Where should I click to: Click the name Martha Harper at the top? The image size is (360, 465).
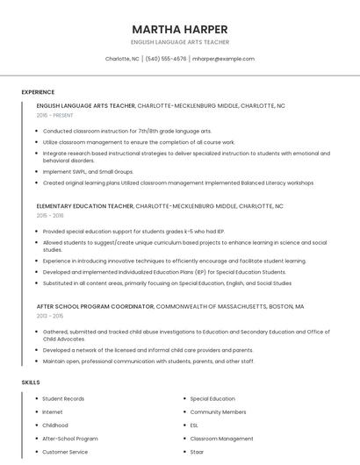(x=180, y=29)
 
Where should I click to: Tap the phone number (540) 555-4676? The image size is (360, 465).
(x=166, y=59)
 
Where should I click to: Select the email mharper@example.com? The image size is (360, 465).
(x=223, y=59)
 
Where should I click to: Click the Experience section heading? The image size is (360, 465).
(x=38, y=92)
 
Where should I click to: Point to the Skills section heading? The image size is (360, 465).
(x=30, y=383)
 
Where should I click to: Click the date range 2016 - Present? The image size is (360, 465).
(x=55, y=115)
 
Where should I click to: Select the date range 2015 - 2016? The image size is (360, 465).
(x=50, y=215)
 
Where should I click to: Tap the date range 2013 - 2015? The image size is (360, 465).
(x=50, y=316)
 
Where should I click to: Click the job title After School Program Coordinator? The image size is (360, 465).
(x=95, y=307)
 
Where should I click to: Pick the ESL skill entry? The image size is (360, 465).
(x=194, y=425)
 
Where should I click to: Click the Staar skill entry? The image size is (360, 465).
(x=198, y=452)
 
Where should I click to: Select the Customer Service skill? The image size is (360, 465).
(x=65, y=452)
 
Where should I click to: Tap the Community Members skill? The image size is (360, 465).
(x=218, y=411)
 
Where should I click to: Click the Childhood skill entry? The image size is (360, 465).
(x=55, y=425)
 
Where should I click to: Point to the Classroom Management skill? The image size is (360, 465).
(x=221, y=439)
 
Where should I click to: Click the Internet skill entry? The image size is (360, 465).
(x=53, y=411)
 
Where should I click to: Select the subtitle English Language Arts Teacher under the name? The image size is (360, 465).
(x=180, y=42)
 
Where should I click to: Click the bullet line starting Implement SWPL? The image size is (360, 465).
(x=88, y=172)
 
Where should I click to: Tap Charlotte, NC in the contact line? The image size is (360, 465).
(x=122, y=59)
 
